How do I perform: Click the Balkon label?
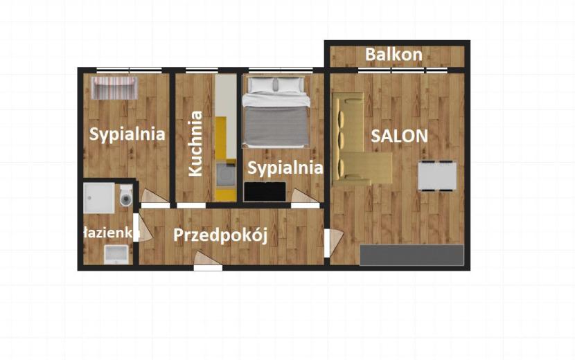(x=394, y=55)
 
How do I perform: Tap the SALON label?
(x=399, y=136)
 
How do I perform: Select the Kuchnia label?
(x=195, y=143)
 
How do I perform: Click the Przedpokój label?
(x=220, y=235)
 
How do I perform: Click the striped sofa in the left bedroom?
(x=114, y=88)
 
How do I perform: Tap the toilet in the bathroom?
(x=126, y=196)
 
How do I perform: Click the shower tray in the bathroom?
(x=99, y=198)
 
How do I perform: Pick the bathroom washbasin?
(x=116, y=254)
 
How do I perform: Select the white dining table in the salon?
(x=437, y=176)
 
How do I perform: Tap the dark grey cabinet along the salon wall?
(x=412, y=255)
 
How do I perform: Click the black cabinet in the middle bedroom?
(x=265, y=191)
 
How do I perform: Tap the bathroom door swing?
(x=143, y=227)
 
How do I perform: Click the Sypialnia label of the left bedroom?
(x=127, y=134)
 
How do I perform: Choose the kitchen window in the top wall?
(x=202, y=70)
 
